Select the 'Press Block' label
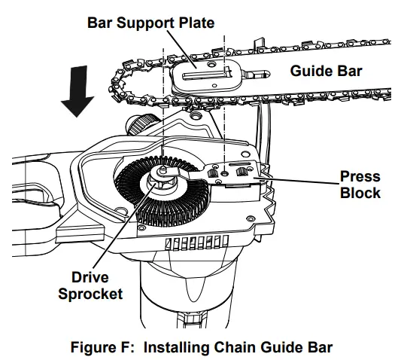[x=360, y=185]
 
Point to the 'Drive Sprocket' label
[x=91, y=285]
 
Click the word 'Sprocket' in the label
[x=91, y=294]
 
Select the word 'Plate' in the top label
[x=195, y=23]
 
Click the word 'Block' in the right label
[x=360, y=193]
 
